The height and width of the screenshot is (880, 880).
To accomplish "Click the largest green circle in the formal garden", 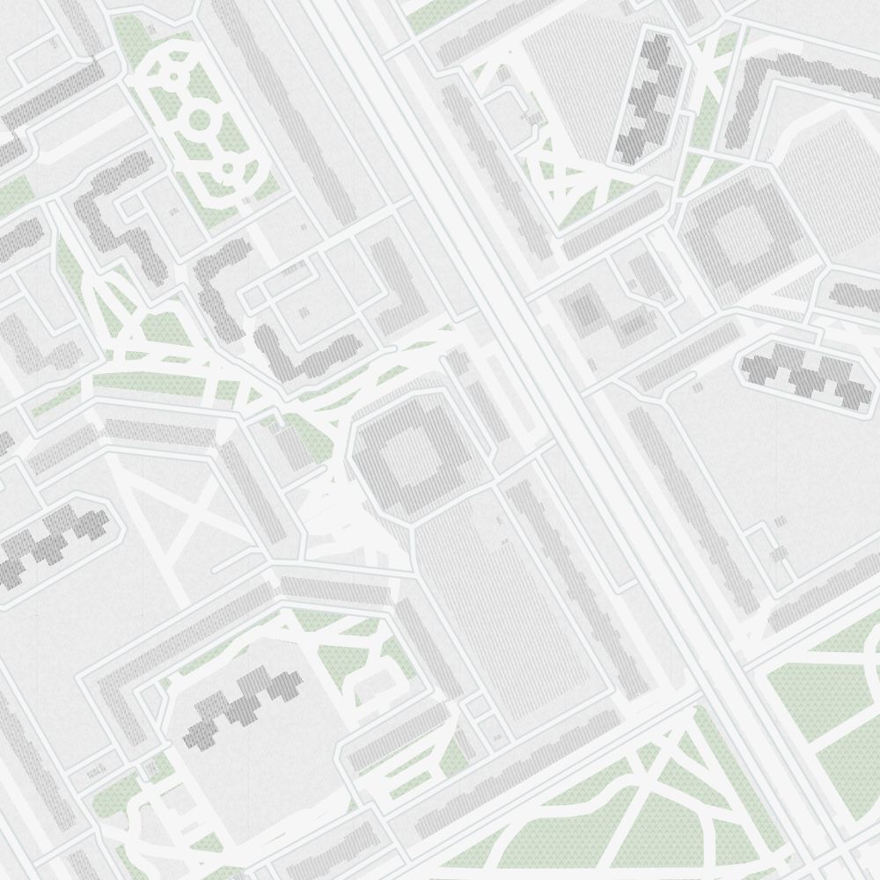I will pos(199,119).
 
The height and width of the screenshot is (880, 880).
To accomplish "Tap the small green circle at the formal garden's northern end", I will pos(174,77).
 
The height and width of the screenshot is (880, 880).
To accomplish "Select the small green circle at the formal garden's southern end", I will pos(227,166).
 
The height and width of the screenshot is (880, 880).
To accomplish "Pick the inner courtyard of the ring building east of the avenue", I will pos(736,232).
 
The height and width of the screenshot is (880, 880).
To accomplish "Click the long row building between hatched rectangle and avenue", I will pos(572,572).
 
